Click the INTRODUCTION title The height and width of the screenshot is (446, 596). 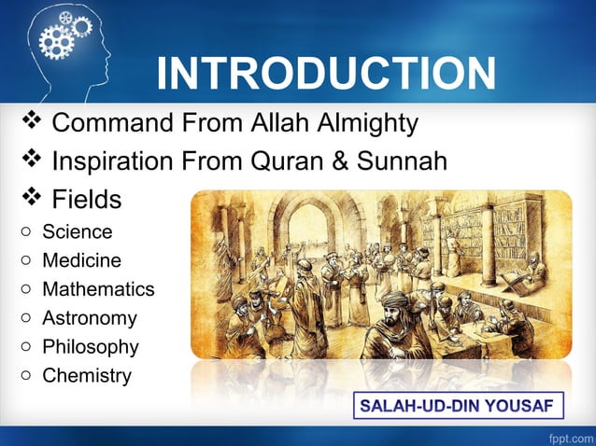pos(326,74)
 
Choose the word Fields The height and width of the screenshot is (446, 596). pos(86,199)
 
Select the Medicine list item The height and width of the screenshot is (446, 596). pos(81,260)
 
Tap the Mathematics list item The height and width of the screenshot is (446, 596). pos(98,289)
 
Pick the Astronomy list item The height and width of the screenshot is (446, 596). pos(90,318)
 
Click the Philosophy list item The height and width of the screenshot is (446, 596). pos(91,347)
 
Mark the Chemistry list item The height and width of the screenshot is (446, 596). pos(87,376)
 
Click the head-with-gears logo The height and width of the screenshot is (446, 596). pos(65,47)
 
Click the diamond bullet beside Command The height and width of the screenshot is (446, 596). pos(32,120)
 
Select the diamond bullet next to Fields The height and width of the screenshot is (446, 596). pos(32,197)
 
